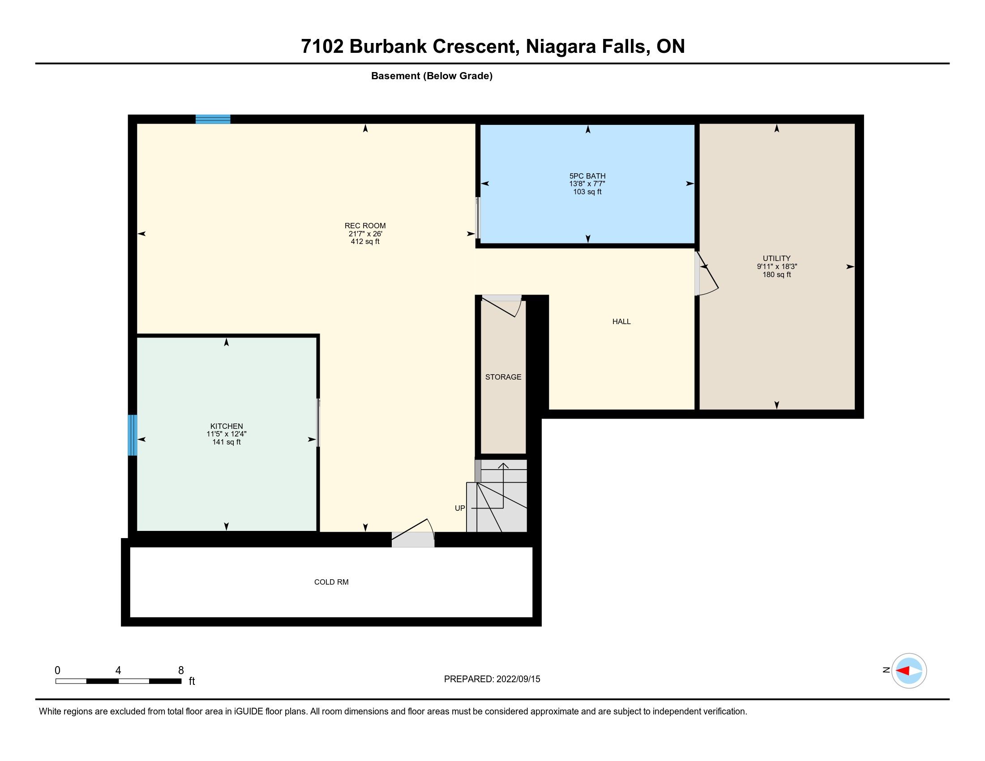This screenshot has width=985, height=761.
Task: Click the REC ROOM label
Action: [365, 226]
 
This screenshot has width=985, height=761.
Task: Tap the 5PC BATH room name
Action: [587, 176]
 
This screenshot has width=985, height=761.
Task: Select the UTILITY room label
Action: [777, 258]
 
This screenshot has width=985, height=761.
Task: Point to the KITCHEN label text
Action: [227, 426]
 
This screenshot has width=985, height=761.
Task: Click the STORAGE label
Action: [503, 377]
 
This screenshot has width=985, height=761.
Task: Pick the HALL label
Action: [621, 321]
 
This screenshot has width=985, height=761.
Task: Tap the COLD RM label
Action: [331, 582]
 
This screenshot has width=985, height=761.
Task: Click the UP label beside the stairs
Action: [459, 508]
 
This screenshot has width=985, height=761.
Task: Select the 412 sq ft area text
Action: [365, 242]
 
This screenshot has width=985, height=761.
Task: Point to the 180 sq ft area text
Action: [777, 274]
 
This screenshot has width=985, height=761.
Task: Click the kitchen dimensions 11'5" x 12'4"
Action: [227, 434]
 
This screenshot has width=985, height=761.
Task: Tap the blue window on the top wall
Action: [213, 119]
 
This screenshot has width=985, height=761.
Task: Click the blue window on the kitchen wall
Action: [132, 435]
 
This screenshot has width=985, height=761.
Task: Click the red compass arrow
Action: [903, 671]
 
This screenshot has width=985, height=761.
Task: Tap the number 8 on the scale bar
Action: [181, 671]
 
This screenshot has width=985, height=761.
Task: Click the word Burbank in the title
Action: [388, 47]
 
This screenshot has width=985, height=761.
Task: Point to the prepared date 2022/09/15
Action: [518, 679]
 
